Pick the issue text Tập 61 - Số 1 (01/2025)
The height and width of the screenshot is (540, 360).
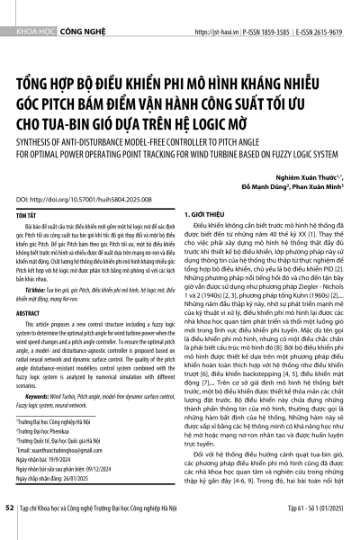click(x=307, y=532)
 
